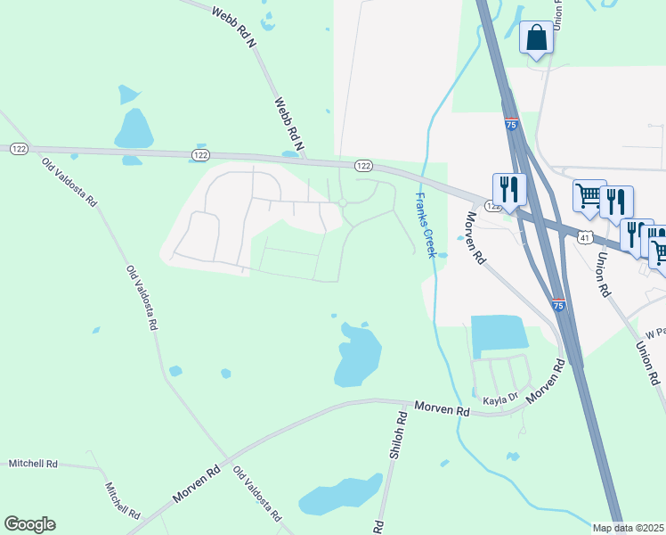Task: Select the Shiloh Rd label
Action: pyautogui.click(x=398, y=435)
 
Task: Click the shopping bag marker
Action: pyautogui.click(x=536, y=38)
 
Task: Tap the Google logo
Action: pyautogui.click(x=29, y=524)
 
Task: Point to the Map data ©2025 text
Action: pyautogui.click(x=629, y=528)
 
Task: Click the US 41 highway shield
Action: pyautogui.click(x=584, y=237)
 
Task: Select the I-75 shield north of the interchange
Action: pyautogui.click(x=511, y=126)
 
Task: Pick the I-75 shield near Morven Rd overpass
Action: pyautogui.click(x=557, y=306)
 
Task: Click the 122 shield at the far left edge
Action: pyautogui.click(x=18, y=148)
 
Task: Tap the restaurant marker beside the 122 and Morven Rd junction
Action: pyautogui.click(x=509, y=189)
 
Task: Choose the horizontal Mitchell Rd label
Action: pyautogui.click(x=33, y=464)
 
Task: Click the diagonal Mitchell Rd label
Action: pyautogui.click(x=122, y=502)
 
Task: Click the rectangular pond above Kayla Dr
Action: pyautogui.click(x=499, y=336)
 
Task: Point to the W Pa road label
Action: pyautogui.click(x=655, y=333)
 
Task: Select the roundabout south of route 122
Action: pyautogui.click(x=343, y=203)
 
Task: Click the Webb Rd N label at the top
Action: pyautogui.click(x=234, y=25)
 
